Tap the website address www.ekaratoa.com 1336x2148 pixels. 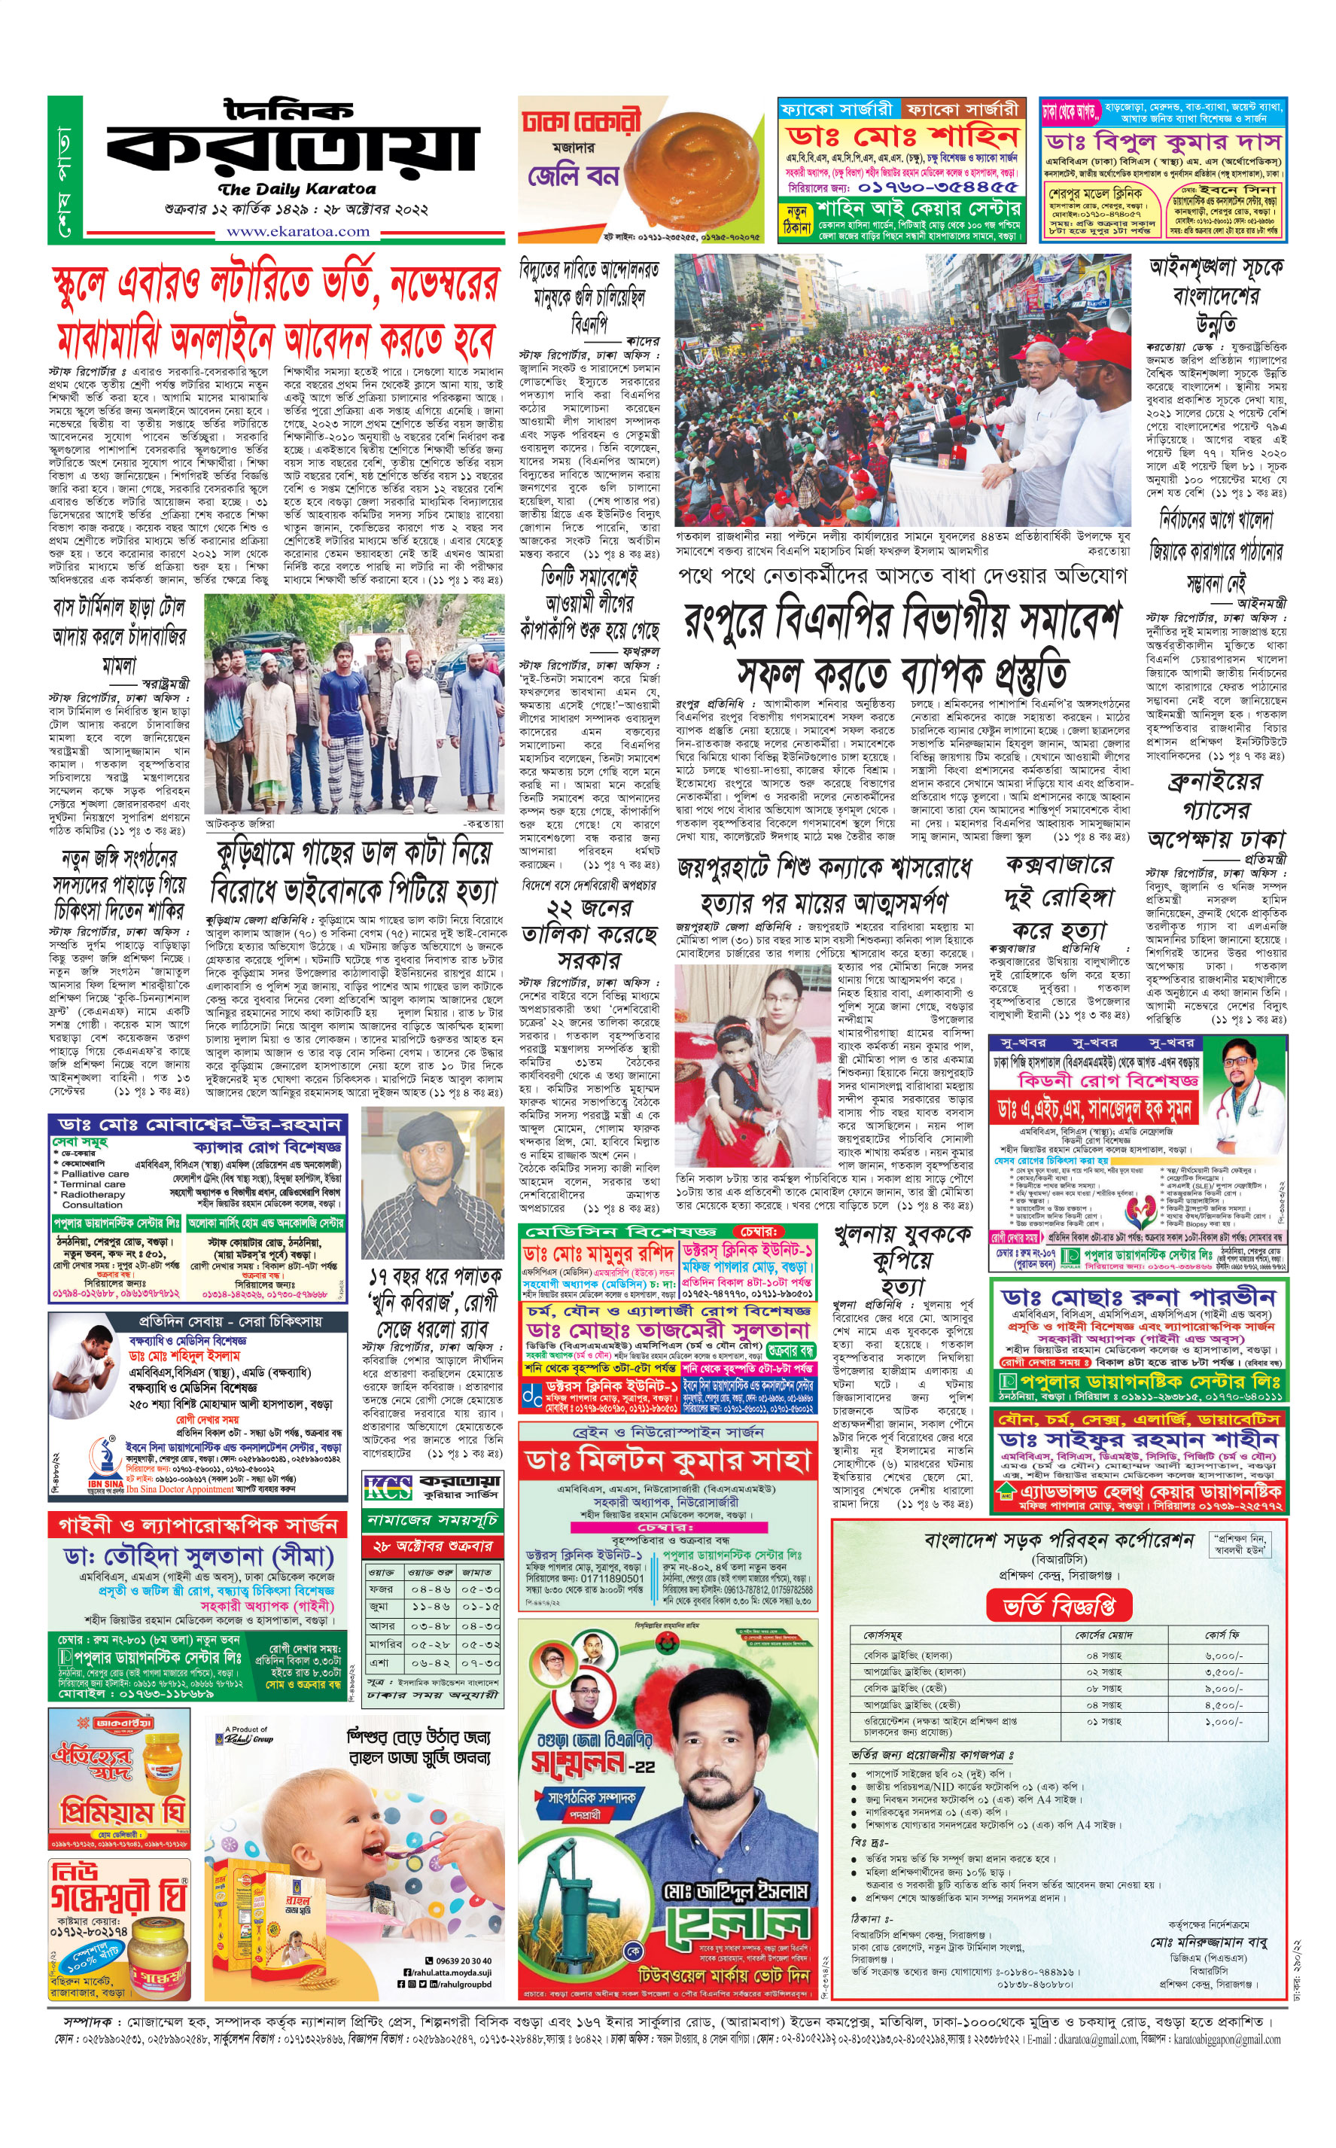[298, 231]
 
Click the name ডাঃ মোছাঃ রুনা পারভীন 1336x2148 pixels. [1138, 1296]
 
